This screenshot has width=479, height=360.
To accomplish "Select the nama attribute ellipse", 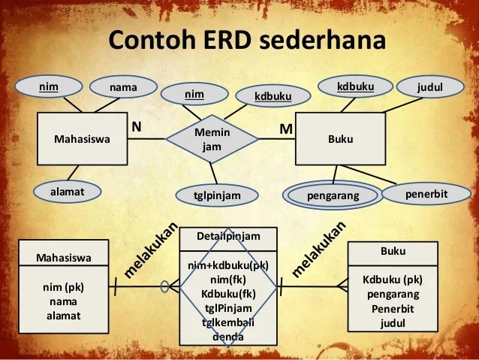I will (123, 87).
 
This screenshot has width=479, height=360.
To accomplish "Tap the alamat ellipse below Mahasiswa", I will (67, 192).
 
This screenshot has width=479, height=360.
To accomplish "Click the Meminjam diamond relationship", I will (212, 139).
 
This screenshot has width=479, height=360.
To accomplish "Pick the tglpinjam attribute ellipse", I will (218, 195).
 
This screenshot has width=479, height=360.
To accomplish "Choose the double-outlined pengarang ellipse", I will (333, 195).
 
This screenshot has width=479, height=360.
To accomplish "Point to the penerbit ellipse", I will (426, 194).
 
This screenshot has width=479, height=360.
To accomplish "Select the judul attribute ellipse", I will (430, 88).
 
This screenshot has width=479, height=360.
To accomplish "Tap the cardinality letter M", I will (285, 129).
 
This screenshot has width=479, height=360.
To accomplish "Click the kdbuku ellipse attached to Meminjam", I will (273, 96).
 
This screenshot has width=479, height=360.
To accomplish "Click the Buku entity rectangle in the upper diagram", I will (340, 139).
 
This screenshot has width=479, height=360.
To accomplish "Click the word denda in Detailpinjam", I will (227, 336).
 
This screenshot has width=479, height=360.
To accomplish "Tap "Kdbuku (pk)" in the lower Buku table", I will (392, 280).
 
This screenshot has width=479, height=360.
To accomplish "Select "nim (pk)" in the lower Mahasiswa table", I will (64, 287).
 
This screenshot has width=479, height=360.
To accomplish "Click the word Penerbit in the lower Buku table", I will (392, 308).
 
